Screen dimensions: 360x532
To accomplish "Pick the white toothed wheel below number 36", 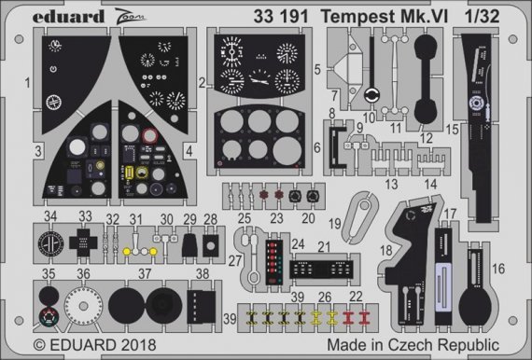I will tap(86, 305).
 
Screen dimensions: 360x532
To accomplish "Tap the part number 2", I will tap(202, 81).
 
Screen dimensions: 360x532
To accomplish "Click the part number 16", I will tap(497, 269).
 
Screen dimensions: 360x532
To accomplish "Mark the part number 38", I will tap(202, 273).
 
